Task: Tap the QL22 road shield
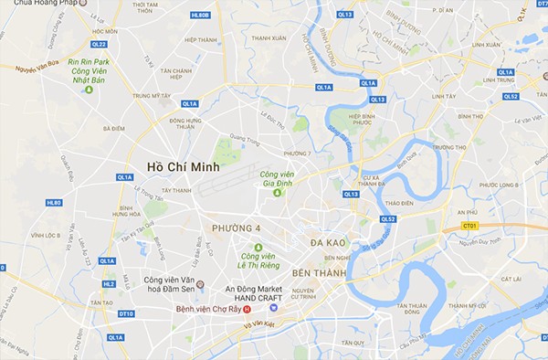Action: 99,44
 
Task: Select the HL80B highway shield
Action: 200,16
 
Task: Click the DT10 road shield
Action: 126,313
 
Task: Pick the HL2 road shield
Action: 109,283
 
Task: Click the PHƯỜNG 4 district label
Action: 237,228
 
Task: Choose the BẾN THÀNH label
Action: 319,272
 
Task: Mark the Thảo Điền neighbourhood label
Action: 400,204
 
